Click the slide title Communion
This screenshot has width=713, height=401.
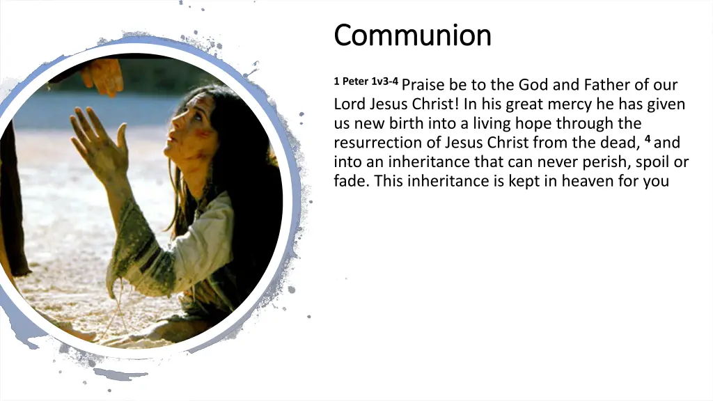click(x=412, y=35)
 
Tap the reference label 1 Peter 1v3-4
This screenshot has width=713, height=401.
click(x=366, y=81)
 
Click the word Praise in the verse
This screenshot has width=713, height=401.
click(x=423, y=86)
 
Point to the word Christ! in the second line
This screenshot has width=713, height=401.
click(x=430, y=105)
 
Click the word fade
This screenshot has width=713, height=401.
click(x=348, y=182)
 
